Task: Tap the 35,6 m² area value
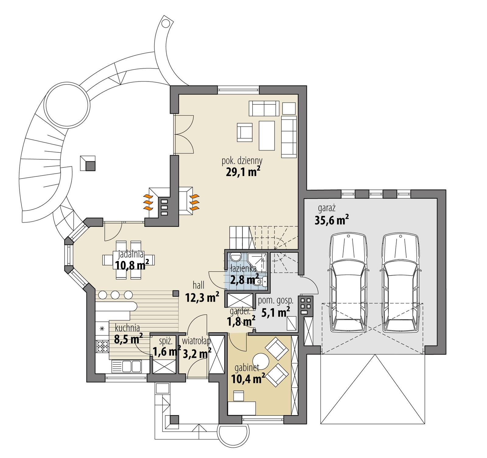(331, 220)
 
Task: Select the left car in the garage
(348, 283)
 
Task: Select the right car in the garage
(401, 283)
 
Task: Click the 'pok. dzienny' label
(242, 160)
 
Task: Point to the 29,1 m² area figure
(243, 172)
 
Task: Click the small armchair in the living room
(245, 132)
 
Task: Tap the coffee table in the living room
(267, 135)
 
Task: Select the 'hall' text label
(198, 285)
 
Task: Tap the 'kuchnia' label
(127, 328)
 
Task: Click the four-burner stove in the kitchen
(103, 346)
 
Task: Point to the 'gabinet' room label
(247, 368)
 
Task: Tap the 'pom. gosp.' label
(275, 301)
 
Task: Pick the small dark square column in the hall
(175, 293)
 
